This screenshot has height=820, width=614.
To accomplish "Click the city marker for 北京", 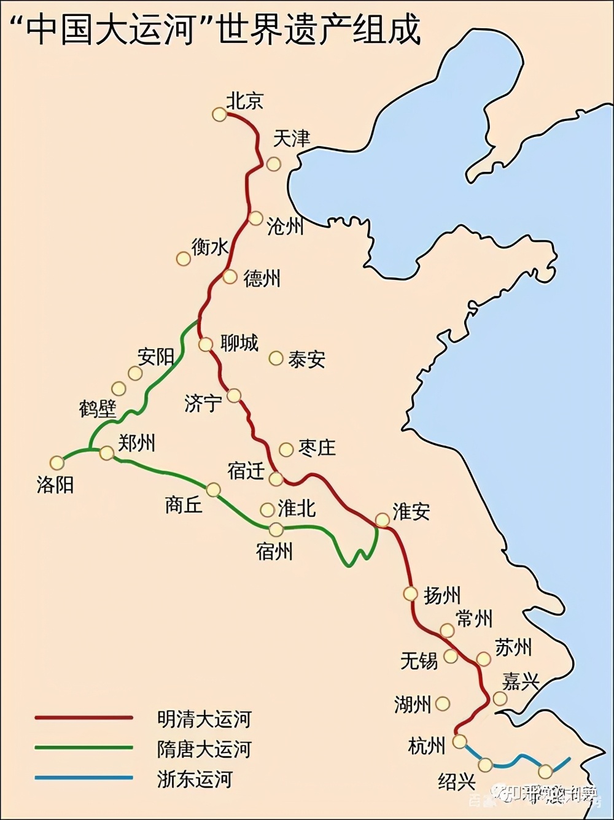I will tap(219, 114).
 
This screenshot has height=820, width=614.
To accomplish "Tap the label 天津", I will tap(291, 139).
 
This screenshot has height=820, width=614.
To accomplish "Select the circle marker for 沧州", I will tap(255, 218).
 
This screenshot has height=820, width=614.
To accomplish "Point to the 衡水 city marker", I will tap(183, 258).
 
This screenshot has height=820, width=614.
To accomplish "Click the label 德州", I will tap(262, 279).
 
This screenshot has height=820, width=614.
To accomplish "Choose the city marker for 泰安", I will tap(276, 358).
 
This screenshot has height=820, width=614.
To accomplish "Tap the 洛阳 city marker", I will tap(57, 463).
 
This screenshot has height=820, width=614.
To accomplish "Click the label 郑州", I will tap(136, 443).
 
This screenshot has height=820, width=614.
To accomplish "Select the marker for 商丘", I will tap(213, 490).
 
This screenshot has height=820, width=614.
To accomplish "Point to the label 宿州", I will tap(274, 551).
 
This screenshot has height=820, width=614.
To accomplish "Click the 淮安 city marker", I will tap(383, 520).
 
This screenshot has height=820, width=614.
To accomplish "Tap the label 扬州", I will tap(441, 595).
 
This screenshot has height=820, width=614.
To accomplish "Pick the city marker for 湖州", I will tap(442, 704).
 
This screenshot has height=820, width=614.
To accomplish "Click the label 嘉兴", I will tap(521, 681).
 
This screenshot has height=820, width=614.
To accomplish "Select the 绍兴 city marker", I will tap(485, 765).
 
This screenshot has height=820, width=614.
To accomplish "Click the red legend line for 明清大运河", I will tap(84, 717).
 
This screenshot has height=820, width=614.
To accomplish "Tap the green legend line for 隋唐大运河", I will tap(84, 748).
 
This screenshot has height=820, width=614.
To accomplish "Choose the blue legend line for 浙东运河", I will tap(84, 778).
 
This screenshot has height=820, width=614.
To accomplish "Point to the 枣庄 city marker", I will tap(286, 450).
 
